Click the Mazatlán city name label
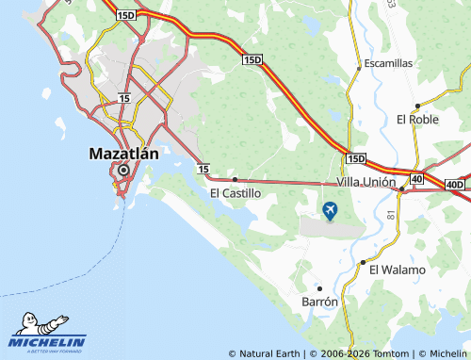(123, 152)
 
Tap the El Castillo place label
(235, 192)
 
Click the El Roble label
(418, 120)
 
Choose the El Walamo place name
(397, 270)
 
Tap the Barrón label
(319, 302)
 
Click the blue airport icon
(330, 210)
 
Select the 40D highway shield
(455, 184)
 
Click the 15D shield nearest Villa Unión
(355, 158)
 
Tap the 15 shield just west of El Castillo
(203, 168)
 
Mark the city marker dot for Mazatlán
(123, 171)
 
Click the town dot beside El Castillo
(235, 178)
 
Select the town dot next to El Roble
(415, 106)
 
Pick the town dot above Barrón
(319, 287)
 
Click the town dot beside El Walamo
(363, 262)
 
